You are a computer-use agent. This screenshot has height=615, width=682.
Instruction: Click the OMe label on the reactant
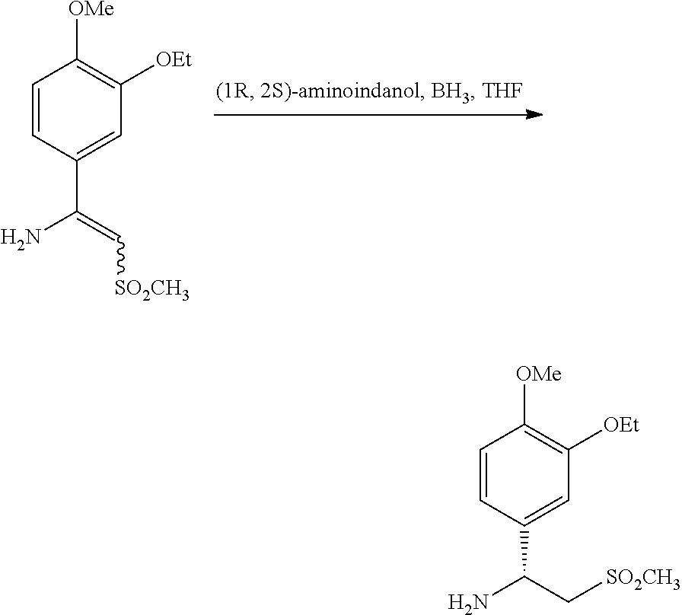[x=91, y=8]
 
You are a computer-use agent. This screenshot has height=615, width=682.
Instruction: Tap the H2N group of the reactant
[x=21, y=238]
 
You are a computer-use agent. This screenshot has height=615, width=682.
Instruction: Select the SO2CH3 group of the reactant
[x=152, y=288]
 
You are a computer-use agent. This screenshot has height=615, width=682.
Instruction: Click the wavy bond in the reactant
[x=120, y=257]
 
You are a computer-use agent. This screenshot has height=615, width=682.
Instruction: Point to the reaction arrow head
[x=534, y=115]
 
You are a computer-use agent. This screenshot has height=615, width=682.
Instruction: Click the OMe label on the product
[x=539, y=374]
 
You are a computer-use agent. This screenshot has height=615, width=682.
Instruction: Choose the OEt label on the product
[x=622, y=425]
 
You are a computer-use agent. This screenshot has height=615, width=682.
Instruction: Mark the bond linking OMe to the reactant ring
[x=77, y=38]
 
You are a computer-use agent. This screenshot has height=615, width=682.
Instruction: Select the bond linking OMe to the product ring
[x=524, y=403]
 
